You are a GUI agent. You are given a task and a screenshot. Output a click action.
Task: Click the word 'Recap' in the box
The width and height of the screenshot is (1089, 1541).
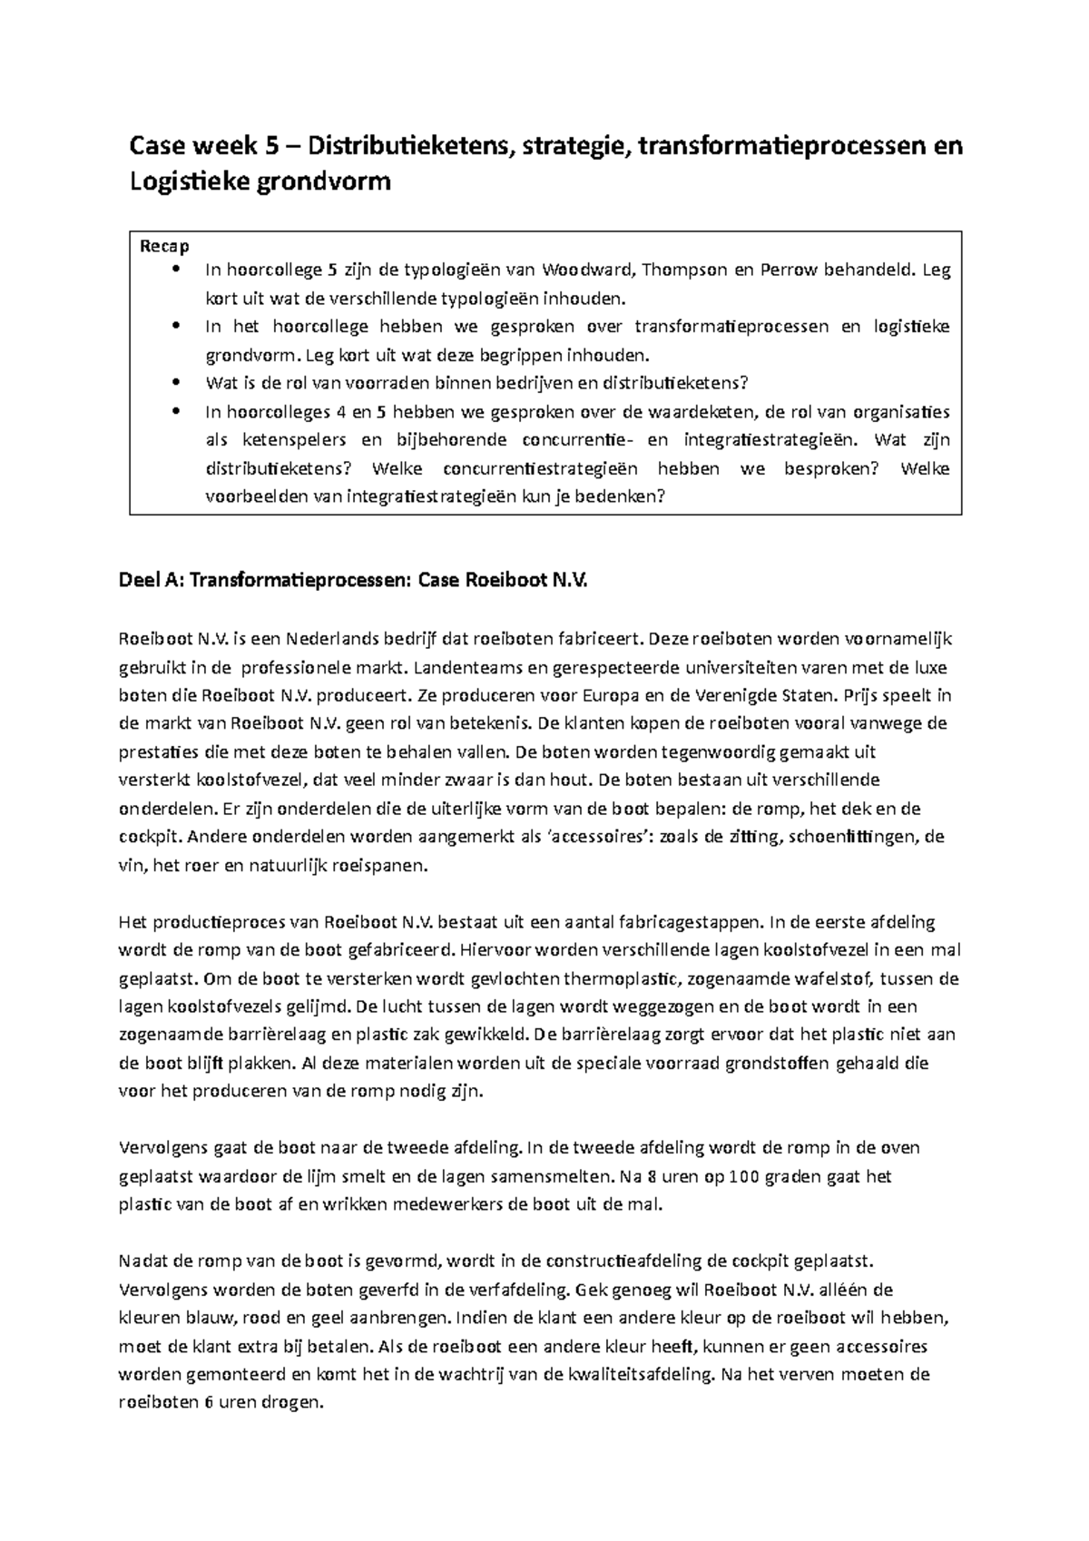[x=164, y=246]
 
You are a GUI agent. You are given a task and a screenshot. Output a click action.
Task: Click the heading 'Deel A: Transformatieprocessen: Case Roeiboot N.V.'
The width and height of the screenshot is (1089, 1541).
[x=353, y=582]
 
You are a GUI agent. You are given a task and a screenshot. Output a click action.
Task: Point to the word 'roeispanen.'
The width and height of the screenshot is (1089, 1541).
[x=380, y=866]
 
